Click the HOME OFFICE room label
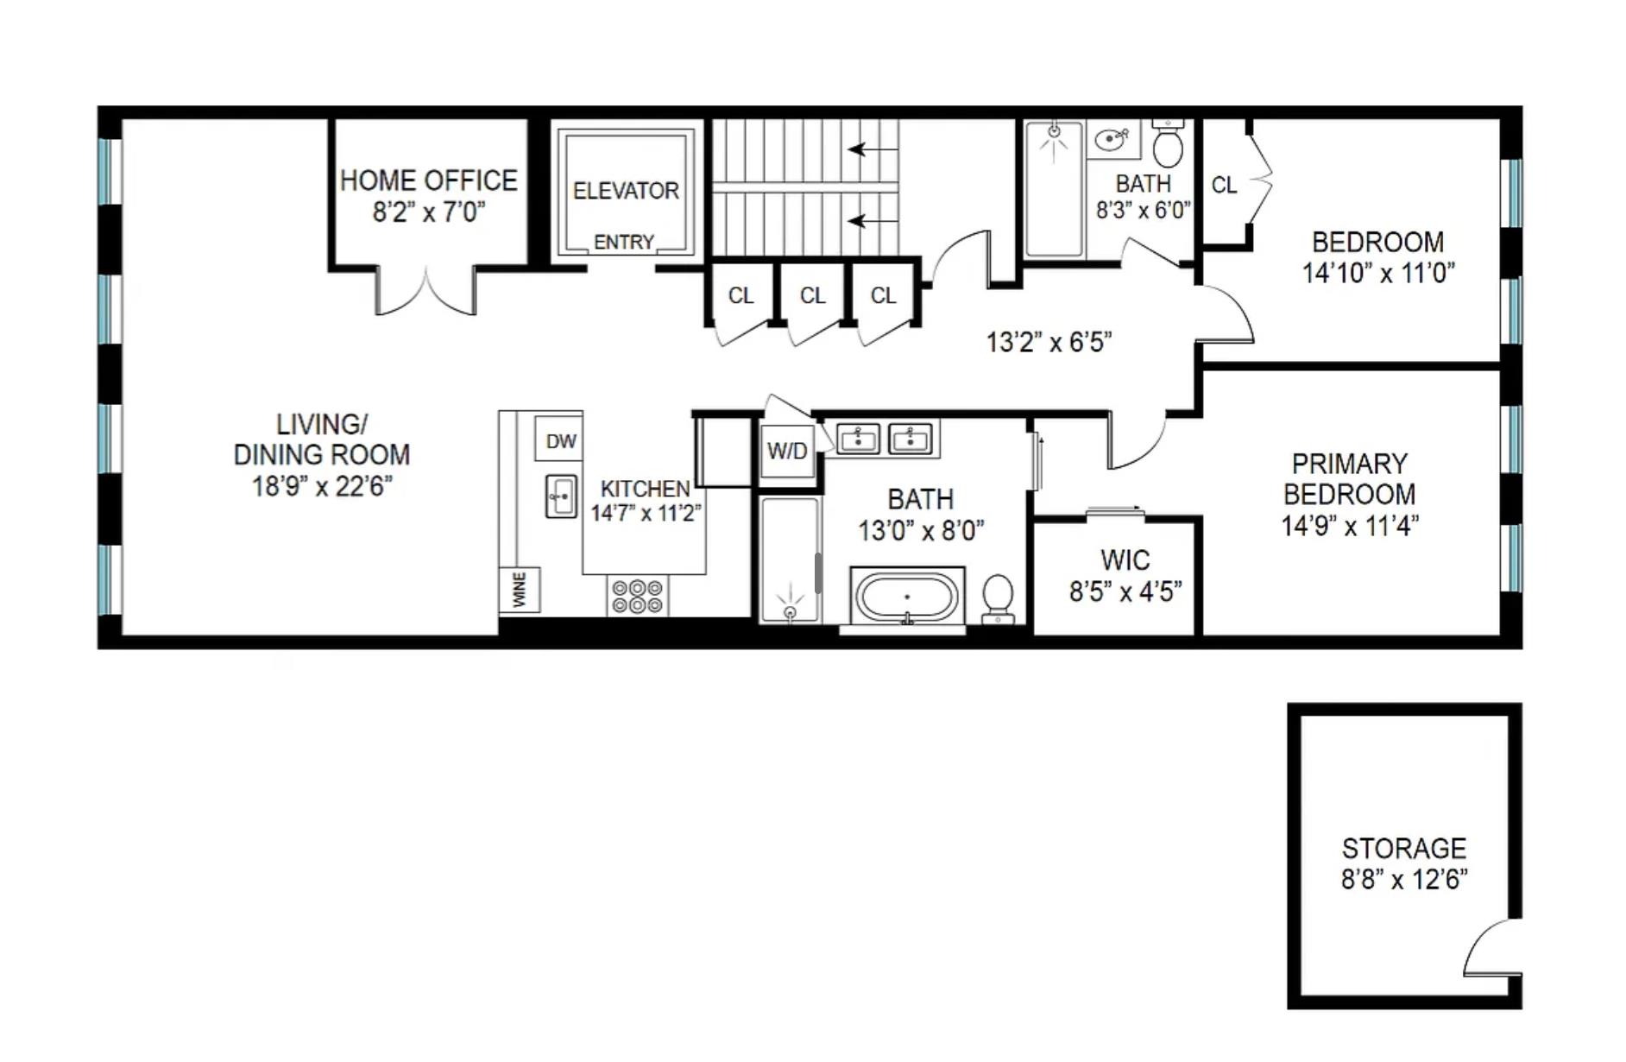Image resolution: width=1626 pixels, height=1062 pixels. tap(429, 180)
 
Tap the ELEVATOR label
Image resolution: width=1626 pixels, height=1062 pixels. tap(626, 191)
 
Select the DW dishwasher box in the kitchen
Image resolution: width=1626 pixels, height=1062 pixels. tap(560, 441)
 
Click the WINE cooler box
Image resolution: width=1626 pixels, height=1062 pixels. tap(520, 590)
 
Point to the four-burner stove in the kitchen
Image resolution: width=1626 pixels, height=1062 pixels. tap(637, 596)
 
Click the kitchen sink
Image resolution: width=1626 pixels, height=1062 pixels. tap(561, 496)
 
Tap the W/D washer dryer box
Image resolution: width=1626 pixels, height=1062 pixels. tap(787, 451)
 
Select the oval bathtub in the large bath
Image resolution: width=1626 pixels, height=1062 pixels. tap(907, 596)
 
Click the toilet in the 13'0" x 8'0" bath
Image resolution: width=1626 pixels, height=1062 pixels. tap(998, 597)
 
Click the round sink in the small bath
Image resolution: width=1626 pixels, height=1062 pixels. tap(1112, 138)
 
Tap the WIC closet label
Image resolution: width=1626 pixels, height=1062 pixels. tap(1125, 560)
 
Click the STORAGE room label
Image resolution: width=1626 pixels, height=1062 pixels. tap(1404, 848)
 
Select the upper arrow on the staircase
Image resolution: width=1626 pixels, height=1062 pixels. tap(873, 149)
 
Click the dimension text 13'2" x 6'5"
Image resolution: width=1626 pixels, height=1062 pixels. tap(1049, 343)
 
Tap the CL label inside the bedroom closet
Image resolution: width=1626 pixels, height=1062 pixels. tap(1224, 185)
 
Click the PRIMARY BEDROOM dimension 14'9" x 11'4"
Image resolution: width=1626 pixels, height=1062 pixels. tap(1350, 526)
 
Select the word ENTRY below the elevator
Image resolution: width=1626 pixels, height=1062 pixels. tap(624, 243)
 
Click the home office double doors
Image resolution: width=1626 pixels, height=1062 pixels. tap(425, 294)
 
